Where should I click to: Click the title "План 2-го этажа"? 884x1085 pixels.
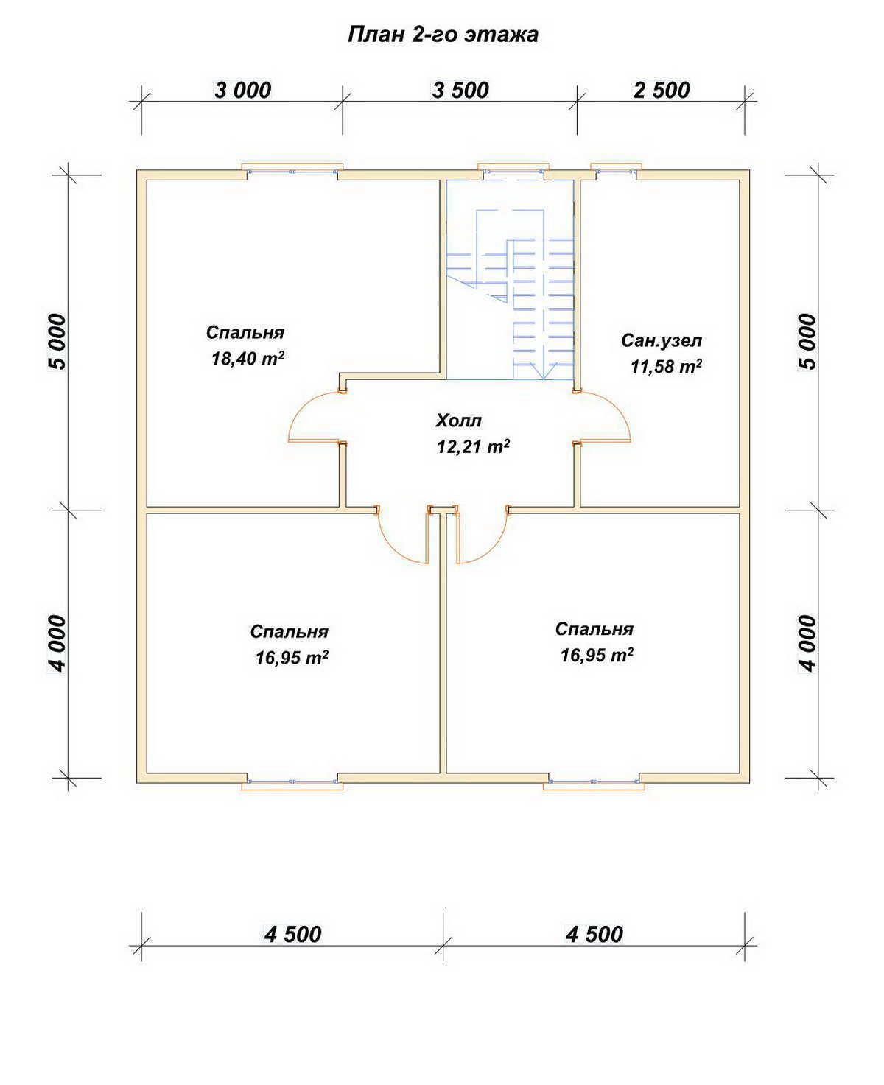pyautogui.click(x=442, y=35)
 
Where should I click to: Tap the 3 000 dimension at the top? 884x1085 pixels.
pyautogui.click(x=242, y=91)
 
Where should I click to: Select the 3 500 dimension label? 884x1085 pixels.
pyautogui.click(x=460, y=91)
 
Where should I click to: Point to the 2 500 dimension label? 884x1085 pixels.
pyautogui.click(x=662, y=91)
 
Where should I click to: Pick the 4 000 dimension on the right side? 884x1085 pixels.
pyautogui.click(x=809, y=643)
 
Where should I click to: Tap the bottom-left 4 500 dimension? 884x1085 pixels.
pyautogui.click(x=293, y=935)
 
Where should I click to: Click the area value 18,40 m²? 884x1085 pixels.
pyautogui.click(x=248, y=359)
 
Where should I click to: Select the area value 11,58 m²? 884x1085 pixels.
pyautogui.click(x=666, y=366)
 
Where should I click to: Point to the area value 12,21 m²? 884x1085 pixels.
pyautogui.click(x=474, y=446)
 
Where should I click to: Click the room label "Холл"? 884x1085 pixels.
pyautogui.click(x=458, y=421)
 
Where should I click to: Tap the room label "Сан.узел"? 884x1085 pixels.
pyautogui.click(x=662, y=340)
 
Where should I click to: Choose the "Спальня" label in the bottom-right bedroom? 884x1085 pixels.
pyautogui.click(x=594, y=629)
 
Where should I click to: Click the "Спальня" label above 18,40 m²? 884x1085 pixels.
pyautogui.click(x=245, y=333)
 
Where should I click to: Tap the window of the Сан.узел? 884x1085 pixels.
pyautogui.click(x=616, y=172)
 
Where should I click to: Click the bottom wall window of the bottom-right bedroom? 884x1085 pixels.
pyautogui.click(x=594, y=782)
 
